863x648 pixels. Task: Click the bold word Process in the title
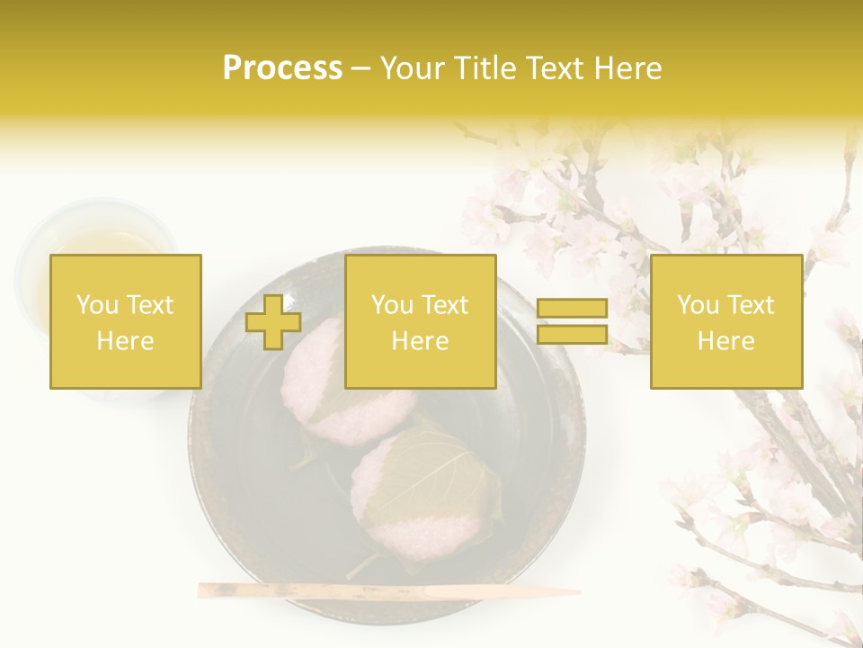click(282, 67)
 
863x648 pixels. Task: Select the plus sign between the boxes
click(273, 322)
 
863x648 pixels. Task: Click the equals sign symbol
click(572, 322)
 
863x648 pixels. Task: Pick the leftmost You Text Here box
click(125, 322)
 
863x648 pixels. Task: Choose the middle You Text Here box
click(420, 322)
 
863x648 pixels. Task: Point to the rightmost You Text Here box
click(726, 322)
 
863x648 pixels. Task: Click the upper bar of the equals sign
click(572, 309)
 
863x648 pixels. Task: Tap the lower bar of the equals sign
click(572, 335)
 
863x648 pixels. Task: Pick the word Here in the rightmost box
click(726, 341)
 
